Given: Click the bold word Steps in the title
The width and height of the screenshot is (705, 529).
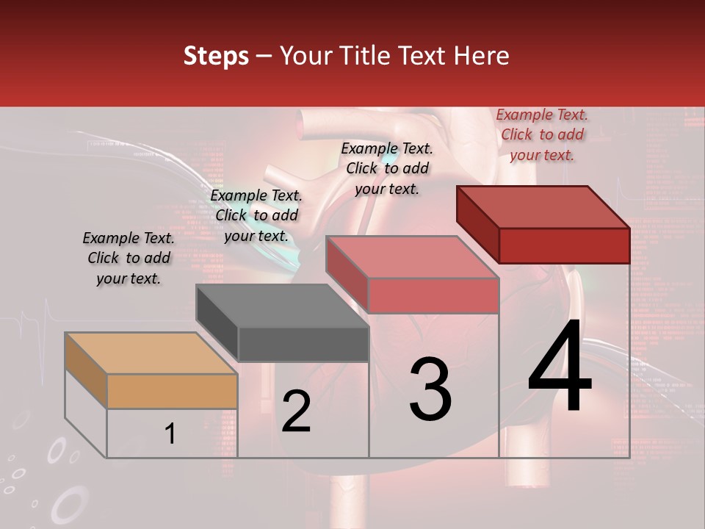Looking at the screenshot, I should [x=216, y=56].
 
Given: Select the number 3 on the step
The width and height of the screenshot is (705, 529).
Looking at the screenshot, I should [x=430, y=389].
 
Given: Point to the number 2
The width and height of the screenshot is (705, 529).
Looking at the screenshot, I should [x=296, y=411].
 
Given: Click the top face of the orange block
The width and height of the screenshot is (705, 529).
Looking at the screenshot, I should [x=151, y=353].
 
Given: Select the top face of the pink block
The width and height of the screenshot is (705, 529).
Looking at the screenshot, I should [x=411, y=257].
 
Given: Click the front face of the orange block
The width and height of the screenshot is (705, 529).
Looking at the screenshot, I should [x=172, y=391].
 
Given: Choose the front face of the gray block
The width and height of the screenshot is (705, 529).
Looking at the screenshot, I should [x=303, y=344].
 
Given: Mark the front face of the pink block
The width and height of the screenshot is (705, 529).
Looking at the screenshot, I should [x=433, y=295].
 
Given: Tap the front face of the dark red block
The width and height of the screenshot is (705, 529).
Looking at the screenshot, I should [x=564, y=245].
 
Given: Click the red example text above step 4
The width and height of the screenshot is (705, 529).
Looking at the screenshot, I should [x=542, y=135].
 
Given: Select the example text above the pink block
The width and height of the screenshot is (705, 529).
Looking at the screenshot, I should [x=387, y=168].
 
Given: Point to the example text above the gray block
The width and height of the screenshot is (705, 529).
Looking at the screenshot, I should [x=256, y=215].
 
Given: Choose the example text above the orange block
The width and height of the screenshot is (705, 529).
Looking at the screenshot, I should [x=129, y=258].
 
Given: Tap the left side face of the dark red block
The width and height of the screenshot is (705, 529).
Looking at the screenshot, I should [x=477, y=224].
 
